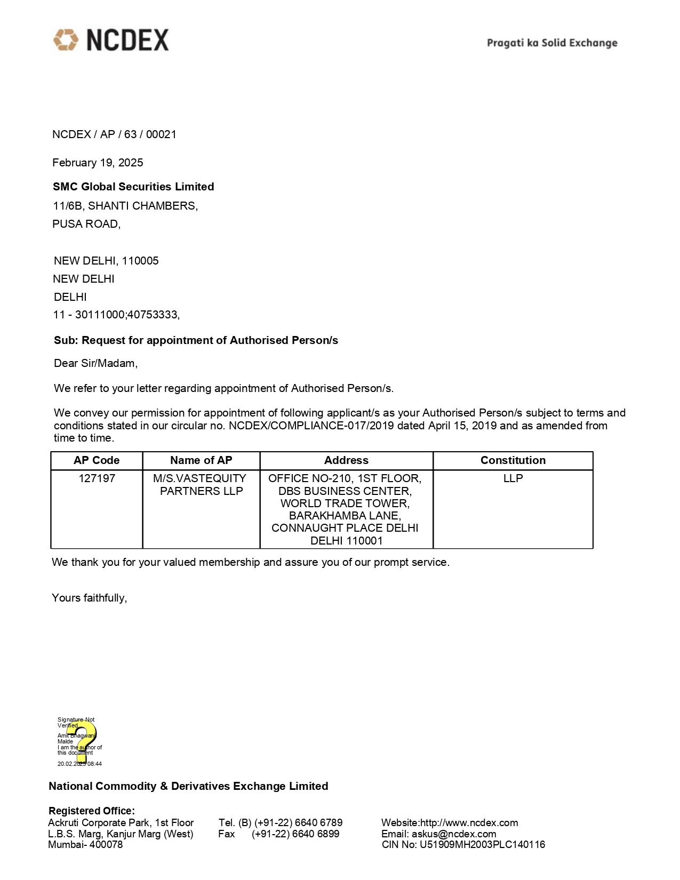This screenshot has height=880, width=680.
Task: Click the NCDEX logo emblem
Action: pos(66,41)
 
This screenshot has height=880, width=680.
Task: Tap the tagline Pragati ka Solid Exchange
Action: pos(552,43)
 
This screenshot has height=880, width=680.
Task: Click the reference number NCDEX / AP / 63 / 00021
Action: pos(114,134)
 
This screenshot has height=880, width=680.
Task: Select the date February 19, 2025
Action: pos(98,163)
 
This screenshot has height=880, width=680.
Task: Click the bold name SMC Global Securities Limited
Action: pos(133,187)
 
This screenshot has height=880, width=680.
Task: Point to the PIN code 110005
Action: pos(140,261)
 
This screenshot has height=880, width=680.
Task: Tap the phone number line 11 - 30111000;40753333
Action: pos(116,315)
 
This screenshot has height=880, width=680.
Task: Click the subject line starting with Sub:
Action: pos(196,340)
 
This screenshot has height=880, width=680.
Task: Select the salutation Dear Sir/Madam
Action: pos(95,363)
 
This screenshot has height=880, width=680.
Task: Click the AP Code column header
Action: pos(97,460)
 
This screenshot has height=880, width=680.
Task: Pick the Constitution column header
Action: pos(513,460)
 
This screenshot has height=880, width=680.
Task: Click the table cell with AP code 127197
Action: pos(97,478)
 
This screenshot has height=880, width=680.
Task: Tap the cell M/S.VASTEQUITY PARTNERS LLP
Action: pos(201,484)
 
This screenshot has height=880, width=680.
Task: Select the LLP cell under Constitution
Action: pos(513,478)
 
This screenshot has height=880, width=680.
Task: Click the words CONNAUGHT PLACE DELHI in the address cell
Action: pos(345,528)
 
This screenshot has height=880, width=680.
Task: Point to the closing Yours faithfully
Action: pos(89,598)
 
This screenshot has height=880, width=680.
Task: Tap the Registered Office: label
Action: pos(92,811)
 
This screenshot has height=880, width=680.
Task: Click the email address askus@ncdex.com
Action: pos(454,834)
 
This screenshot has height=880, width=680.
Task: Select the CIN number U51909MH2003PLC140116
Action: pos(482,844)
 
